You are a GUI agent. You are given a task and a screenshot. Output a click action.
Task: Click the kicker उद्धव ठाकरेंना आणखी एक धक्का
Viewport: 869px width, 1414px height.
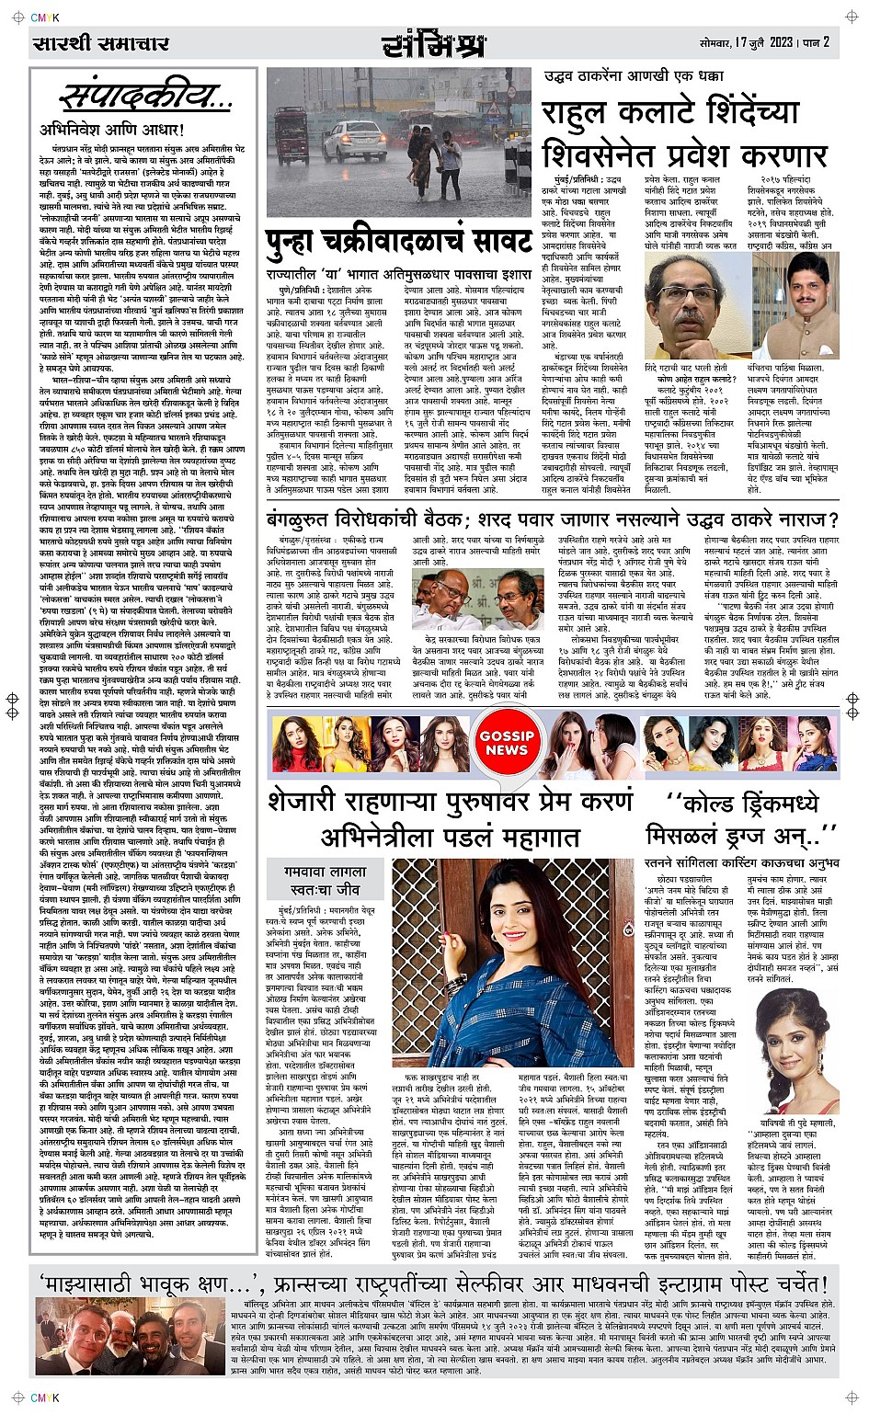(x=642, y=76)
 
